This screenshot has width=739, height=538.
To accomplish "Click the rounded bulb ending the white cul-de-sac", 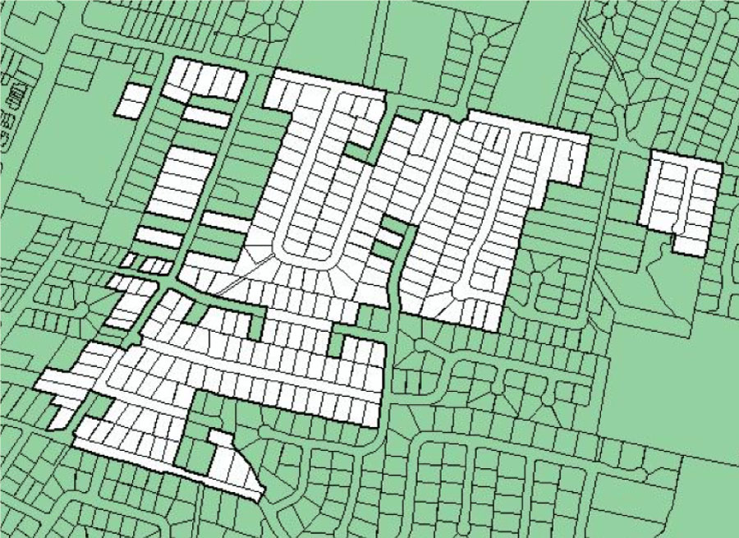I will (x=457, y=291).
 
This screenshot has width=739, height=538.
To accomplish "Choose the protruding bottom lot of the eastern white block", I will (x=689, y=245).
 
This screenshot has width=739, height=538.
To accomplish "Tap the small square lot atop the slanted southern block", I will (x=218, y=440).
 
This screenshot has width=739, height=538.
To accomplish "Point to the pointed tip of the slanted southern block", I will (x=258, y=493).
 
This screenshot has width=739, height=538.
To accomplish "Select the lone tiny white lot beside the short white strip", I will (x=128, y=261).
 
